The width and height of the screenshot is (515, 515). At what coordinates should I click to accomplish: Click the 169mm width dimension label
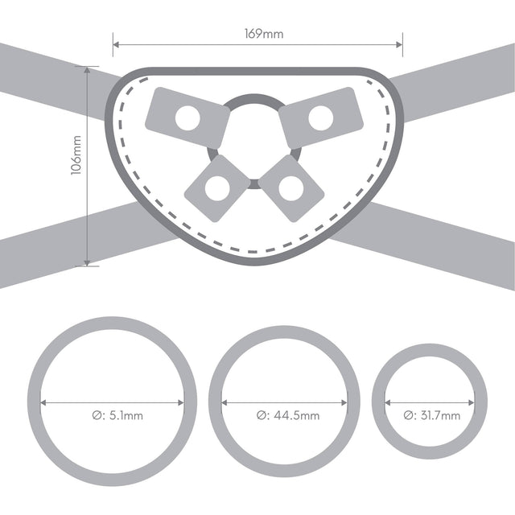click(258, 34)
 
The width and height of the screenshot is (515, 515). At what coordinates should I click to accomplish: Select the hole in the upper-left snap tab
click(187, 119)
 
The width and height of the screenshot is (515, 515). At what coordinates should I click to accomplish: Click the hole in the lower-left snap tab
click(216, 188)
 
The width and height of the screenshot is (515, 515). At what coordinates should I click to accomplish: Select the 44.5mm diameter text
click(297, 416)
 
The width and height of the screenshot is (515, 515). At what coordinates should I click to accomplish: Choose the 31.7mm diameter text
click(441, 415)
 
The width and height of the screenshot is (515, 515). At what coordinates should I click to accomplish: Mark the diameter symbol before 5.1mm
click(97, 416)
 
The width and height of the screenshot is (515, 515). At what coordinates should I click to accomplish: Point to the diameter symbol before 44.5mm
click(263, 416)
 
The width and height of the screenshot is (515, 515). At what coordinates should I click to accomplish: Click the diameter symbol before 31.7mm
click(409, 415)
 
